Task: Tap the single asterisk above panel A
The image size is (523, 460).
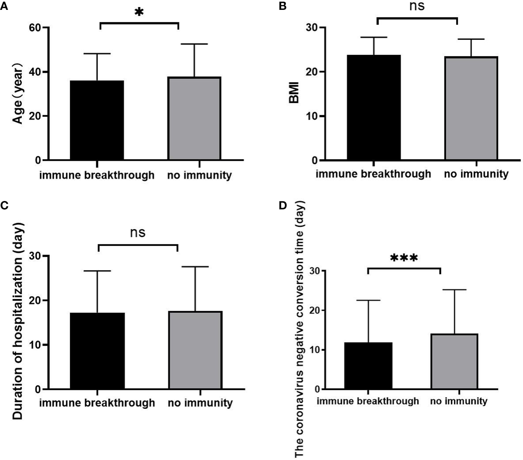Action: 139,12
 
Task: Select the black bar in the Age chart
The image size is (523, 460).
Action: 97,120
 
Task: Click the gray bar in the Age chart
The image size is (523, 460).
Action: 194,118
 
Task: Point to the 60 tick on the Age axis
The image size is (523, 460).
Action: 36,28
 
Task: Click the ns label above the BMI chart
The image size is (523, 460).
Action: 417,5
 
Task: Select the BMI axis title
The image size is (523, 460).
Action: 294,93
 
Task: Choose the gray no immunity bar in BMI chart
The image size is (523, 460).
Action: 471,108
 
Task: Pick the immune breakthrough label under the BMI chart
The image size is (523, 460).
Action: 373,174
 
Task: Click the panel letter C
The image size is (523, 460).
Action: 4,206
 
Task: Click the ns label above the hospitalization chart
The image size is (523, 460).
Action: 138,233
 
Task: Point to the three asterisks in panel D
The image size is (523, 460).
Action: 404,258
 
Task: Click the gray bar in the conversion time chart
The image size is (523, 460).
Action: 454,361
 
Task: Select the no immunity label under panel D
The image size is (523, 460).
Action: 459,402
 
